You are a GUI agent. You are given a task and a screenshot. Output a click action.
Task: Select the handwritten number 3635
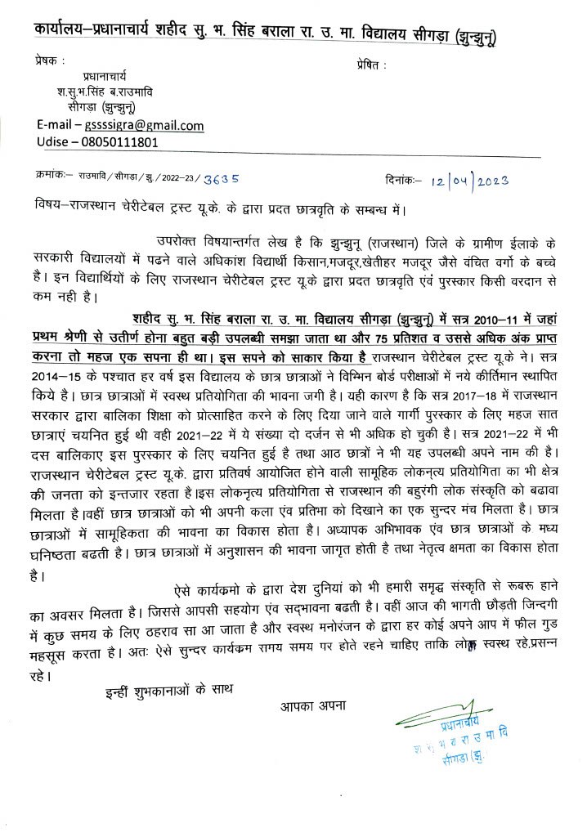point(222,177)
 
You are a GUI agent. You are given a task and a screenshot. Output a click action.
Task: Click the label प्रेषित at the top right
point(370,65)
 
